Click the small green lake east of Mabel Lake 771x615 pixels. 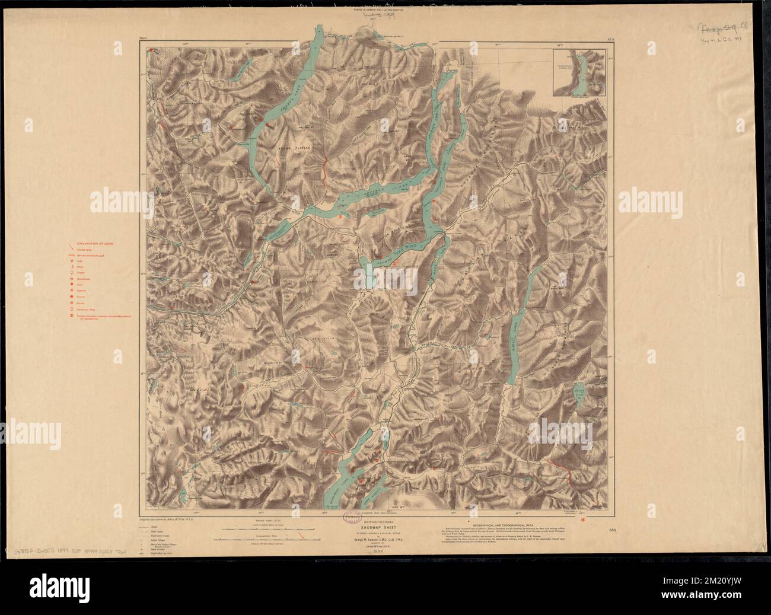point(579,391)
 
